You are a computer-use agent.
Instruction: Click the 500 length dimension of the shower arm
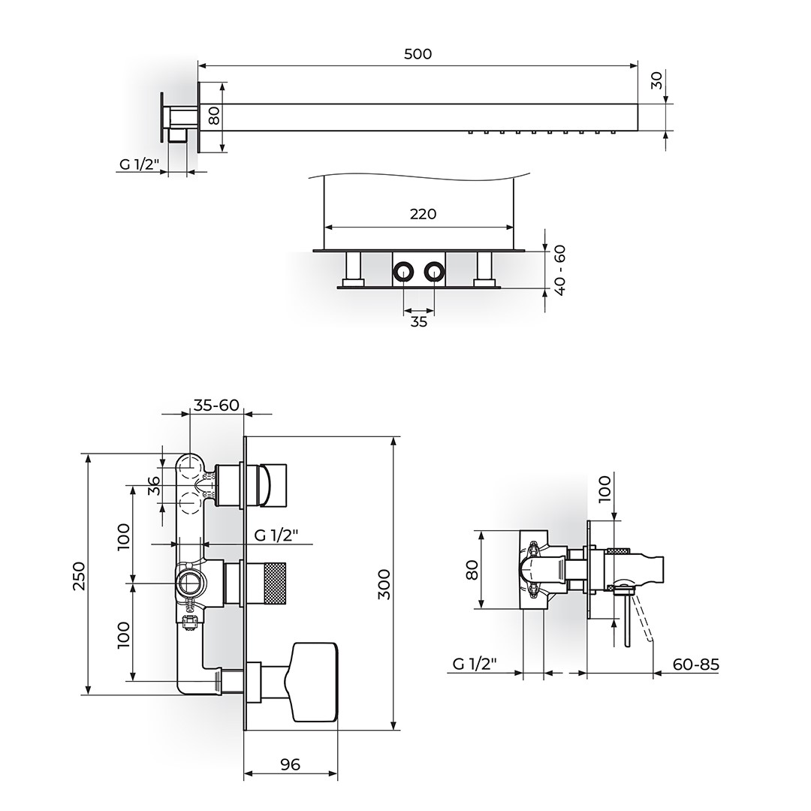pyautogui.click(x=418, y=54)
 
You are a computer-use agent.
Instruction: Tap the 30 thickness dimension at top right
pyautogui.click(x=656, y=80)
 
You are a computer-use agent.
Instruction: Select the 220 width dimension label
pyautogui.click(x=423, y=213)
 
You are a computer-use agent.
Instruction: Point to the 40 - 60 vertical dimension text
pyautogui.click(x=559, y=270)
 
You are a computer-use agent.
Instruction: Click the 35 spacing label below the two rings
pyautogui.click(x=419, y=321)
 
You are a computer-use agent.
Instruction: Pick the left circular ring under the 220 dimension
pyautogui.click(x=402, y=272)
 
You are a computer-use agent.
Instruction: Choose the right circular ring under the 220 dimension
pyautogui.click(x=433, y=272)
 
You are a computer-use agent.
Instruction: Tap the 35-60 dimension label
pyautogui.click(x=216, y=405)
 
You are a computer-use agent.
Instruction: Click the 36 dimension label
pyautogui.click(x=154, y=486)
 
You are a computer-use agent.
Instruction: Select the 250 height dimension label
pyautogui.click(x=79, y=576)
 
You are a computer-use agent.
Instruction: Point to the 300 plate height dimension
pyautogui.click(x=384, y=584)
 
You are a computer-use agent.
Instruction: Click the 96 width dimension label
pyautogui.click(x=290, y=764)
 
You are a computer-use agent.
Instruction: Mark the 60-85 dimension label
pyautogui.click(x=695, y=664)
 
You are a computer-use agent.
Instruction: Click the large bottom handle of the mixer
pyautogui.click(x=310, y=682)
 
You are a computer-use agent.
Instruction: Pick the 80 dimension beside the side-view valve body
pyautogui.click(x=472, y=569)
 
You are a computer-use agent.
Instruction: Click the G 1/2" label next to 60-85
pyautogui.click(x=475, y=664)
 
